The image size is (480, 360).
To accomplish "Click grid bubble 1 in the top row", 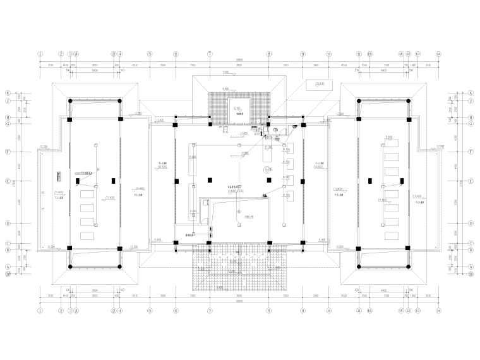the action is pyautogui.click(x=40, y=54).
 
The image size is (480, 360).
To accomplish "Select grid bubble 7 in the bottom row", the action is pyautogui.click(x=210, y=311).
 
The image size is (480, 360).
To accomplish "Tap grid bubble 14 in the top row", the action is pyautogui.click(x=438, y=54).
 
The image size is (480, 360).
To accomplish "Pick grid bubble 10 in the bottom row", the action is pyautogui.click(x=329, y=311).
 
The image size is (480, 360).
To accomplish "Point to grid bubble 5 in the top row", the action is pyautogui.click(x=150, y=54).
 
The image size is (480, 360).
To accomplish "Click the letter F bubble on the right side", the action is pyautogui.click(x=471, y=152).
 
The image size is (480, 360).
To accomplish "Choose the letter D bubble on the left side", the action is pyautogui.click(x=8, y=223).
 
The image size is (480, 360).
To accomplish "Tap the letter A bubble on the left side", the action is pyautogui.click(x=8, y=267).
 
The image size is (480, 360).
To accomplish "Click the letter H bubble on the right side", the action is pyautogui.click(x=471, y=117).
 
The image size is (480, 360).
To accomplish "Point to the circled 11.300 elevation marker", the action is pyautogui.click(x=268, y=170).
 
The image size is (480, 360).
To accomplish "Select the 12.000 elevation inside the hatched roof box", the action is pyautogui.click(x=237, y=109).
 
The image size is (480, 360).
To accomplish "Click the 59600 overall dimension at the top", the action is pyautogui.click(x=239, y=61).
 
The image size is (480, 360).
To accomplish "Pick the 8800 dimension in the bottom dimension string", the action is pyautogui.click(x=239, y=296).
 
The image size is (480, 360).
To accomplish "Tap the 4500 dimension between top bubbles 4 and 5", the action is pyautogui.click(x=134, y=66).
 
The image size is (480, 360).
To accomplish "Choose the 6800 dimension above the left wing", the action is pyautogui.click(x=95, y=71).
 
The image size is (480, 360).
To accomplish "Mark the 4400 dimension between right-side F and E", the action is pyautogui.click(x=454, y=165).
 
